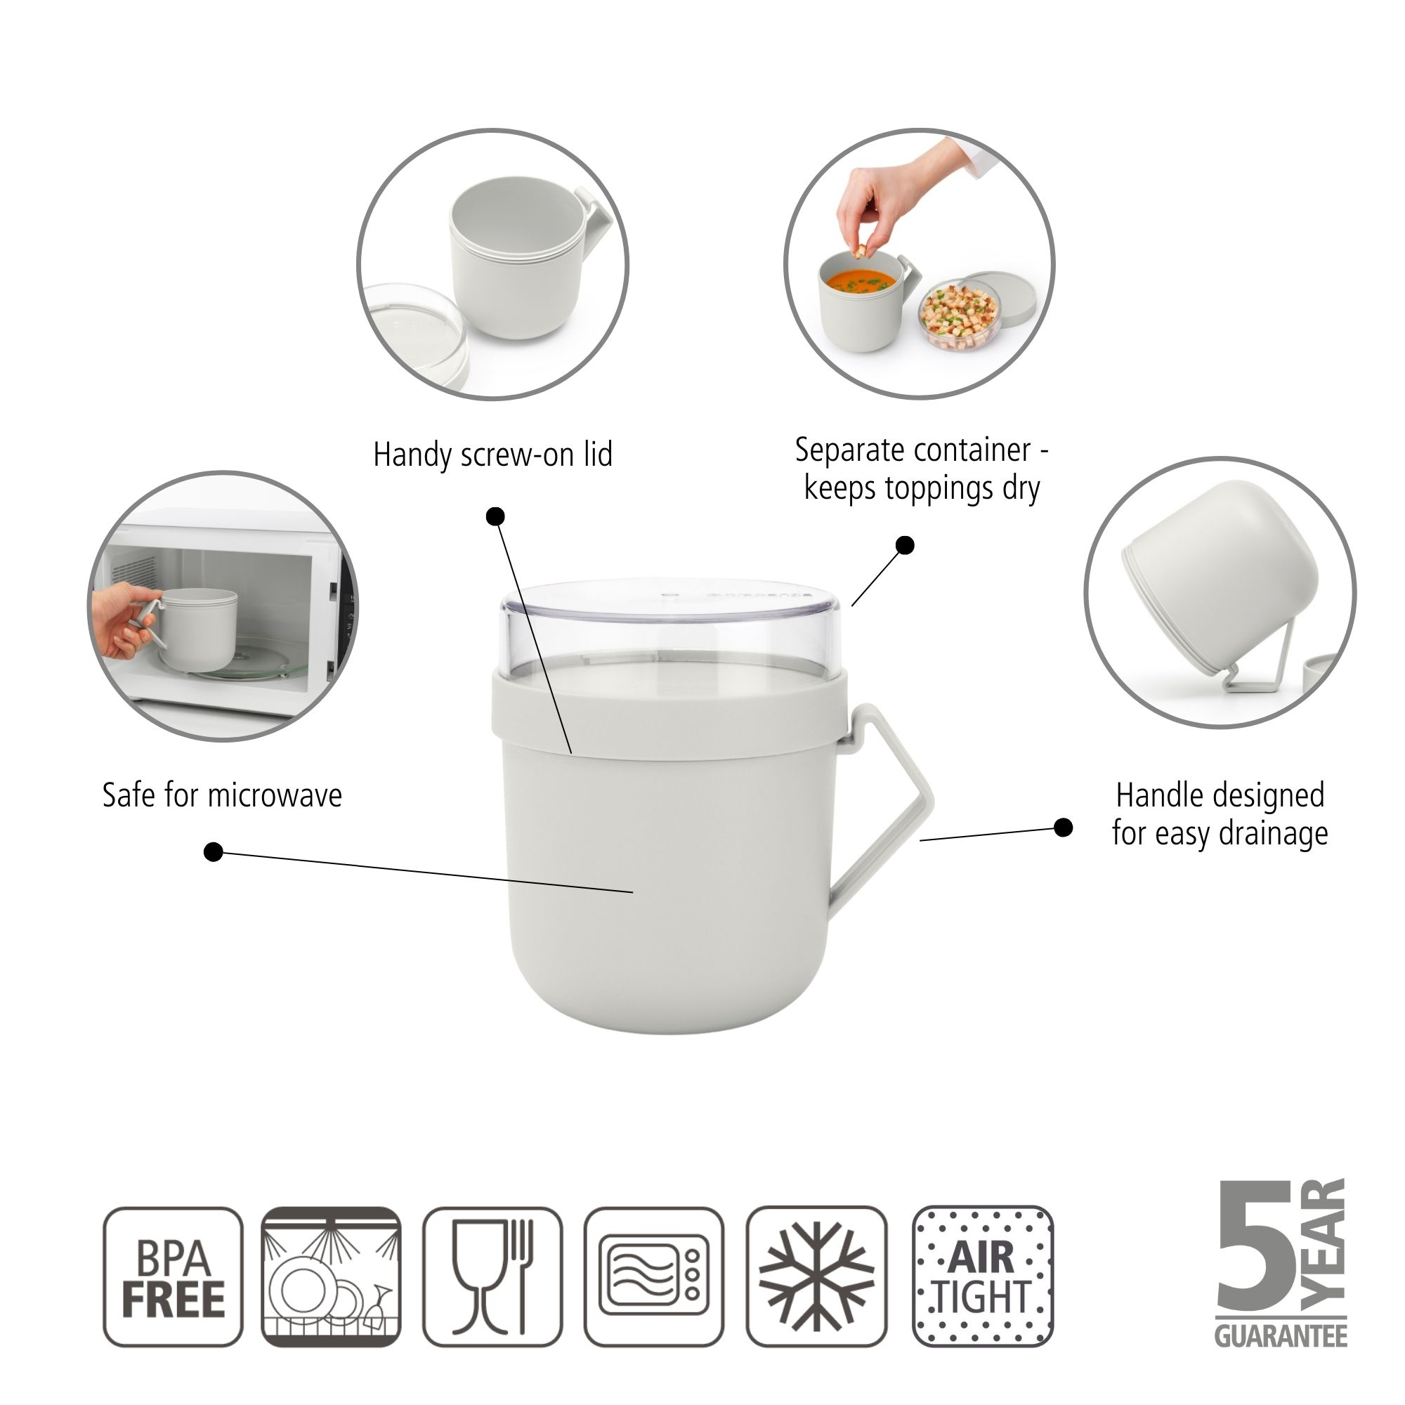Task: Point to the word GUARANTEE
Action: point(1281,1337)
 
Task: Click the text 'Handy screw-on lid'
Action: point(492,455)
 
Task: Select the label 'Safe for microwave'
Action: point(222,795)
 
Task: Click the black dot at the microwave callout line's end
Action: point(213,851)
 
